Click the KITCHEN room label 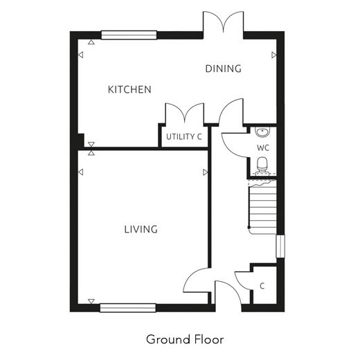[129, 89]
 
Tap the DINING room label [223, 69]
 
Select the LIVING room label [141, 229]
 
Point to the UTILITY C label [184, 137]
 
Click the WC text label [263, 148]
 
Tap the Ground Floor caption [185, 339]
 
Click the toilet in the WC [262, 165]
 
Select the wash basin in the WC [262, 132]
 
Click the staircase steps [262, 207]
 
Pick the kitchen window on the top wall [129, 35]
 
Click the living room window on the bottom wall [128, 308]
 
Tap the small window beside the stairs [280, 246]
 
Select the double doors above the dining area [223, 22]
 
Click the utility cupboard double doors [185, 113]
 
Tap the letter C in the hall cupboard [262, 286]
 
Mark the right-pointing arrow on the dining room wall [274, 55]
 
